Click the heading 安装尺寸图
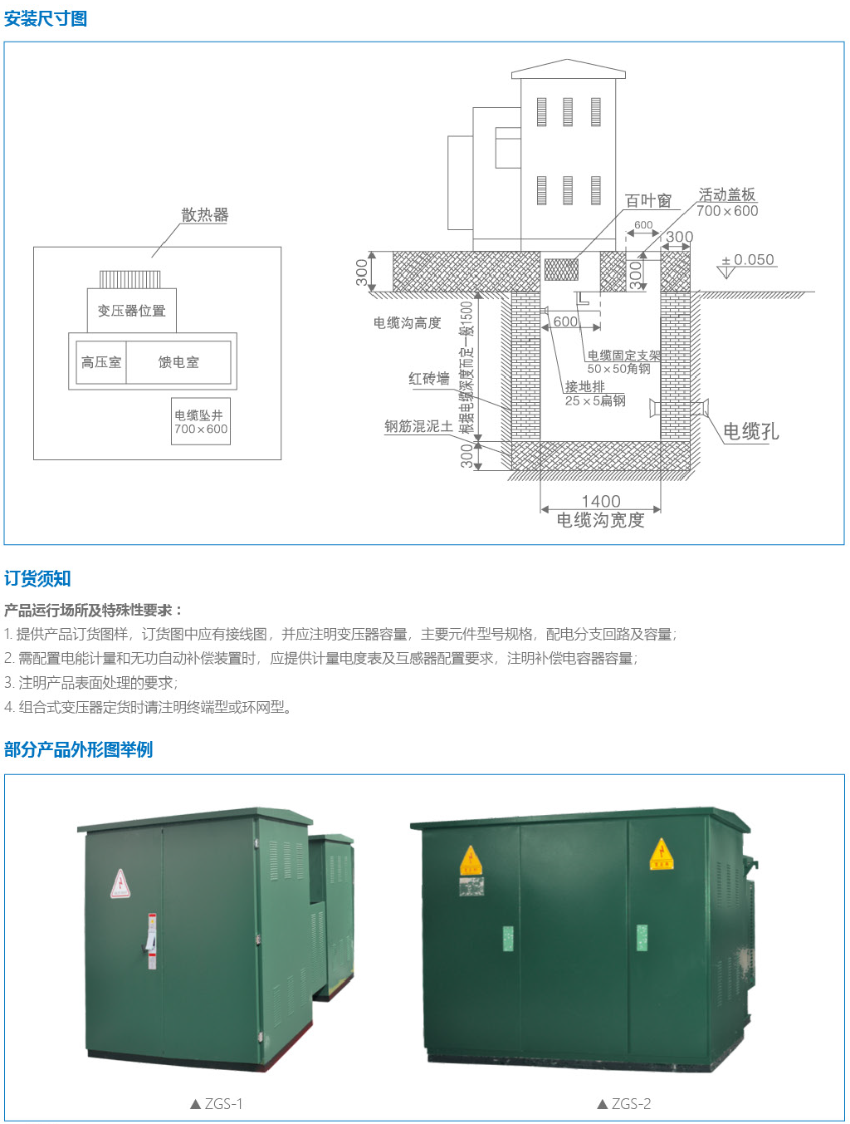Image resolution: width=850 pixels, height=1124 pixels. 46,19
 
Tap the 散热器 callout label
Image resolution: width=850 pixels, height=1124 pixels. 205,215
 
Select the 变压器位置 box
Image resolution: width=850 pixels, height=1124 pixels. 131,311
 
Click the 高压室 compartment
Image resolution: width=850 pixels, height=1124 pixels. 100,362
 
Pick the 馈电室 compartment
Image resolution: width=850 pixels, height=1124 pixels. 178,362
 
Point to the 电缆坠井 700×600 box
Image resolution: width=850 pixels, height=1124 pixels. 201,421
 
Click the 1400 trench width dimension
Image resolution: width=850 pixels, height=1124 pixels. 601,501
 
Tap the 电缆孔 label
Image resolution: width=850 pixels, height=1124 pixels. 750,431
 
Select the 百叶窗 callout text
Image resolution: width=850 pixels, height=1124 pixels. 648,201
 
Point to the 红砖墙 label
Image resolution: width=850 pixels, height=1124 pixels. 428,379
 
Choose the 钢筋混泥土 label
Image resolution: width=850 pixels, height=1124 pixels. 418,426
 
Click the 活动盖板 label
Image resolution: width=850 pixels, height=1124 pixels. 727,194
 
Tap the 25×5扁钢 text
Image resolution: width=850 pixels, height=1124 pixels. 595,400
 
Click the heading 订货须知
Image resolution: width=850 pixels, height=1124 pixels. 37,579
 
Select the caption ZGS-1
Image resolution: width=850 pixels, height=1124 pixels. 217,1103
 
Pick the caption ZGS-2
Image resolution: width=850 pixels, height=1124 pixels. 624,1103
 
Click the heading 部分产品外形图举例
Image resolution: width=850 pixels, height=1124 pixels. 78,749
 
